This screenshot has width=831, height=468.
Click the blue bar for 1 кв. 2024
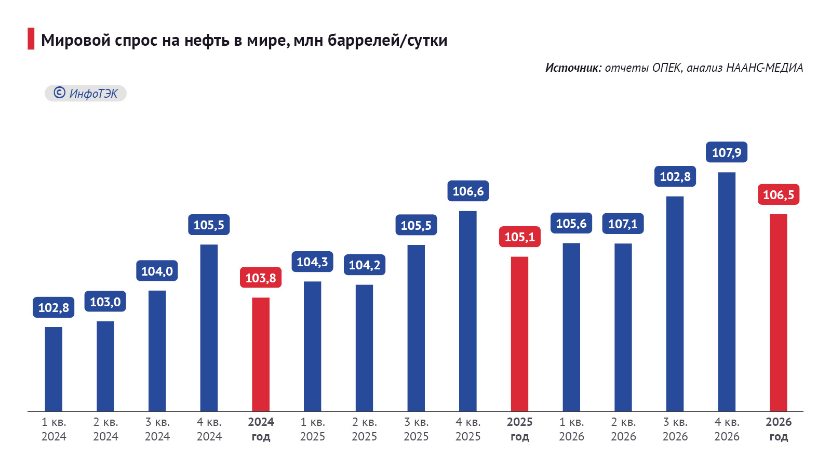(53, 369)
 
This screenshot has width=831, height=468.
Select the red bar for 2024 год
(261, 354)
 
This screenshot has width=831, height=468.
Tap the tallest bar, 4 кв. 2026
(727, 292)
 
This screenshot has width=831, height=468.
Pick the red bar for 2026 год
(778, 313)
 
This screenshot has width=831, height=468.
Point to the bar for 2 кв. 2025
(364, 348)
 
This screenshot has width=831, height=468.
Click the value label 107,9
(727, 152)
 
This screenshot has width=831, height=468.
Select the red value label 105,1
(519, 237)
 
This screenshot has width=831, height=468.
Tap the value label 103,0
(105, 302)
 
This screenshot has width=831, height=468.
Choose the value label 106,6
(468, 191)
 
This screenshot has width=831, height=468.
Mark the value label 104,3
(312, 262)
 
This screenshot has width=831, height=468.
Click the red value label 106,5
(778, 195)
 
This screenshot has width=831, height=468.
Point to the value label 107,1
(623, 224)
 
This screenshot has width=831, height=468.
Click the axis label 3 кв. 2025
(416, 429)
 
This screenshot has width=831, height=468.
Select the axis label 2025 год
(519, 429)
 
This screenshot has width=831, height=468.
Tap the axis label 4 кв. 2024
(209, 429)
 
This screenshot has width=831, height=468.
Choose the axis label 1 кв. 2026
(571, 429)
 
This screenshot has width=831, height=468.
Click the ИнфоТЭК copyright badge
(86, 94)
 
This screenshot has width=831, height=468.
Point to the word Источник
(573, 68)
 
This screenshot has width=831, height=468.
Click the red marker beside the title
(31, 39)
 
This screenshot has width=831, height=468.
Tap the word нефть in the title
(207, 40)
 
